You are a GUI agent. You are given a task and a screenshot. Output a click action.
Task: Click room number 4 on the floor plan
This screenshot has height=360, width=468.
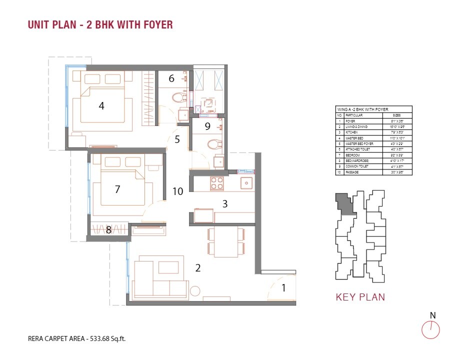pyautogui.click(x=101, y=105)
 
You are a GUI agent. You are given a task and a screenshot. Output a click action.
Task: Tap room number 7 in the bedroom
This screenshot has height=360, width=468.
pyautogui.click(x=117, y=189)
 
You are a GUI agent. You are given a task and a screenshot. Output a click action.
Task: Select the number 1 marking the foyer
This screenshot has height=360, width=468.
pyautogui.click(x=283, y=287)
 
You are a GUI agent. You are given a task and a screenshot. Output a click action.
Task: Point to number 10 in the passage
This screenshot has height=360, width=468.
pyautogui.click(x=177, y=190)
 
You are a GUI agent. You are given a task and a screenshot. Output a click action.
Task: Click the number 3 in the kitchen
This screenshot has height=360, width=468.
pyautogui.click(x=225, y=203)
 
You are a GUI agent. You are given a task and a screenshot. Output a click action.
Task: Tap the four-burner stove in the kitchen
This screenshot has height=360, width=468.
pyautogui.click(x=217, y=183)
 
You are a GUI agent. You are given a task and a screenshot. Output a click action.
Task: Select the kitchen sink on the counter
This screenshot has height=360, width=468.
pyautogui.click(x=246, y=183)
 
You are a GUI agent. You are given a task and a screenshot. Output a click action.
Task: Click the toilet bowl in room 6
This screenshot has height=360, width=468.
pyautogui.click(x=178, y=97)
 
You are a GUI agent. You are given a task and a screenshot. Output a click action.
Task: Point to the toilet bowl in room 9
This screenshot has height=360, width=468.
pyautogui.click(x=213, y=145)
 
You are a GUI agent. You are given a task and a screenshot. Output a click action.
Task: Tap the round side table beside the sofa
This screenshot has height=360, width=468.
pyautogui.click(x=194, y=291)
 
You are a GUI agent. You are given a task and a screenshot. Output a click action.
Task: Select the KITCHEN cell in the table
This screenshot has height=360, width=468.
pyautogui.click(x=352, y=132)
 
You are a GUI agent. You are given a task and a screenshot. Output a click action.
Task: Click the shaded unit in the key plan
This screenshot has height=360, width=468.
pyautogui.click(x=344, y=203)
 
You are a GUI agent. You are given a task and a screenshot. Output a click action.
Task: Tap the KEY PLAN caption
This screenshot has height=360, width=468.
pyautogui.click(x=360, y=297)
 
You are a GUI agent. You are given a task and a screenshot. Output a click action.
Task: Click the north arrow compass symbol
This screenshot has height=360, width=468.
pyautogui.click(x=430, y=329)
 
